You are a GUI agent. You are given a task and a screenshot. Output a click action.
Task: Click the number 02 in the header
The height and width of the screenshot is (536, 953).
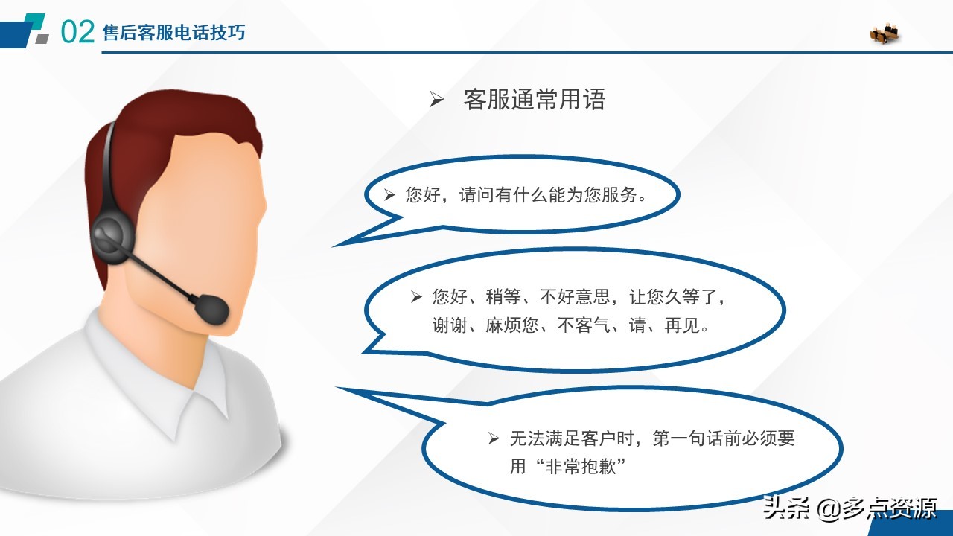[x=77, y=32]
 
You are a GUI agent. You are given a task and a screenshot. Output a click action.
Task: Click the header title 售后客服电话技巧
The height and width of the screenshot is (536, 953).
[x=173, y=33]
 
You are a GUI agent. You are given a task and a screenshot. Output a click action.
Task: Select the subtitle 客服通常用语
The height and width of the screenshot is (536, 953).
[x=534, y=99]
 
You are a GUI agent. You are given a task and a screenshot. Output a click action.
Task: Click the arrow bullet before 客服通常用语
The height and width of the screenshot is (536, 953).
[x=436, y=100]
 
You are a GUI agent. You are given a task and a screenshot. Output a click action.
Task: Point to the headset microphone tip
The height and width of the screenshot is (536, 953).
[x=211, y=307]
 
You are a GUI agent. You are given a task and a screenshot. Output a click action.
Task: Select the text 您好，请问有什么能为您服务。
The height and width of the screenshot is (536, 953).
[x=526, y=196]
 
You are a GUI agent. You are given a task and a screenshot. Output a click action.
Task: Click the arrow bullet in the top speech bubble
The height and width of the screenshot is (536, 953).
[x=389, y=196]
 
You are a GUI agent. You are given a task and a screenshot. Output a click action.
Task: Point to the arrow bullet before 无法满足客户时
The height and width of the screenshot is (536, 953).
[x=494, y=438]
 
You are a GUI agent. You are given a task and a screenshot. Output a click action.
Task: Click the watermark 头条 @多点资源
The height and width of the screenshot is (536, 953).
[x=849, y=509]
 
